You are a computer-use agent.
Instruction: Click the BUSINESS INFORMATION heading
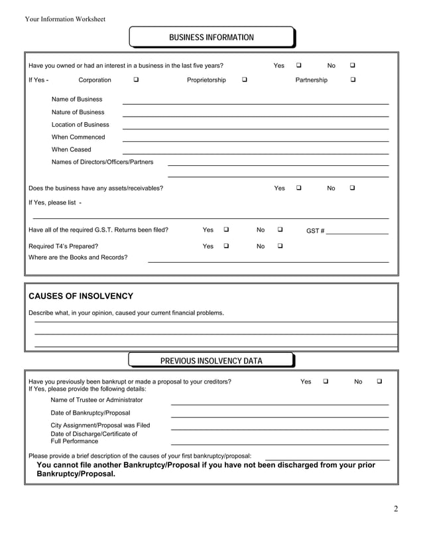[211, 37]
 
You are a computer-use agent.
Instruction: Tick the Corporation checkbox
[136, 80]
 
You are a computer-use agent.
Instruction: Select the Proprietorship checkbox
[245, 80]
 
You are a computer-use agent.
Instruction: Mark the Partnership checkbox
[353, 80]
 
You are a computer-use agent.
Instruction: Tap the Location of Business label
[80, 125]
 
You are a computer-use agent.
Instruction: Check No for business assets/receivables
[353, 188]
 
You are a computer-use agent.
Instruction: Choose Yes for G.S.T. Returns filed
[227, 230]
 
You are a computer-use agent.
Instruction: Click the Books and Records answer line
[268, 261]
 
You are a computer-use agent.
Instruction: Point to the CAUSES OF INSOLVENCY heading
[81, 296]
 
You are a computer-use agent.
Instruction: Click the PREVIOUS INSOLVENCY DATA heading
[211, 361]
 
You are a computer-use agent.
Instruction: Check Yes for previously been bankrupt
[326, 381]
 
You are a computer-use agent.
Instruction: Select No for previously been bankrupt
[380, 381]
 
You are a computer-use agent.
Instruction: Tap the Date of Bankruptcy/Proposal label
[90, 413]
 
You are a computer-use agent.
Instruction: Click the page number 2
[396, 509]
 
